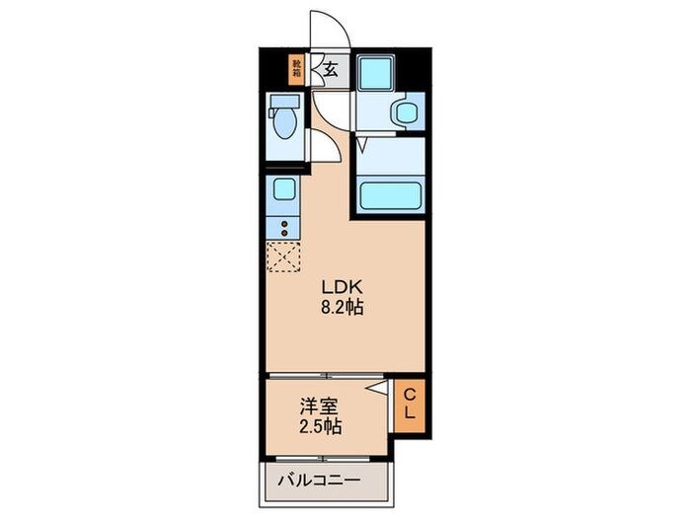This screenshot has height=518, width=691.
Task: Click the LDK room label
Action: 341,286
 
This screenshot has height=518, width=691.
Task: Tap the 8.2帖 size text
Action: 341,307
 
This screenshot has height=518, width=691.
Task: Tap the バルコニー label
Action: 318,481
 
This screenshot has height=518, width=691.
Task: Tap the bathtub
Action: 391,192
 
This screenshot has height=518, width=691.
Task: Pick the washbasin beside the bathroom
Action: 405,112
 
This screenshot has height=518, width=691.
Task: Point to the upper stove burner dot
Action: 284,224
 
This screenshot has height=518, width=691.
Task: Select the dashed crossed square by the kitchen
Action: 283,257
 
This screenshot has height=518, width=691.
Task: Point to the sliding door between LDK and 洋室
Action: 326,376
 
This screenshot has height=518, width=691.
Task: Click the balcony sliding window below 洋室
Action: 326,459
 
